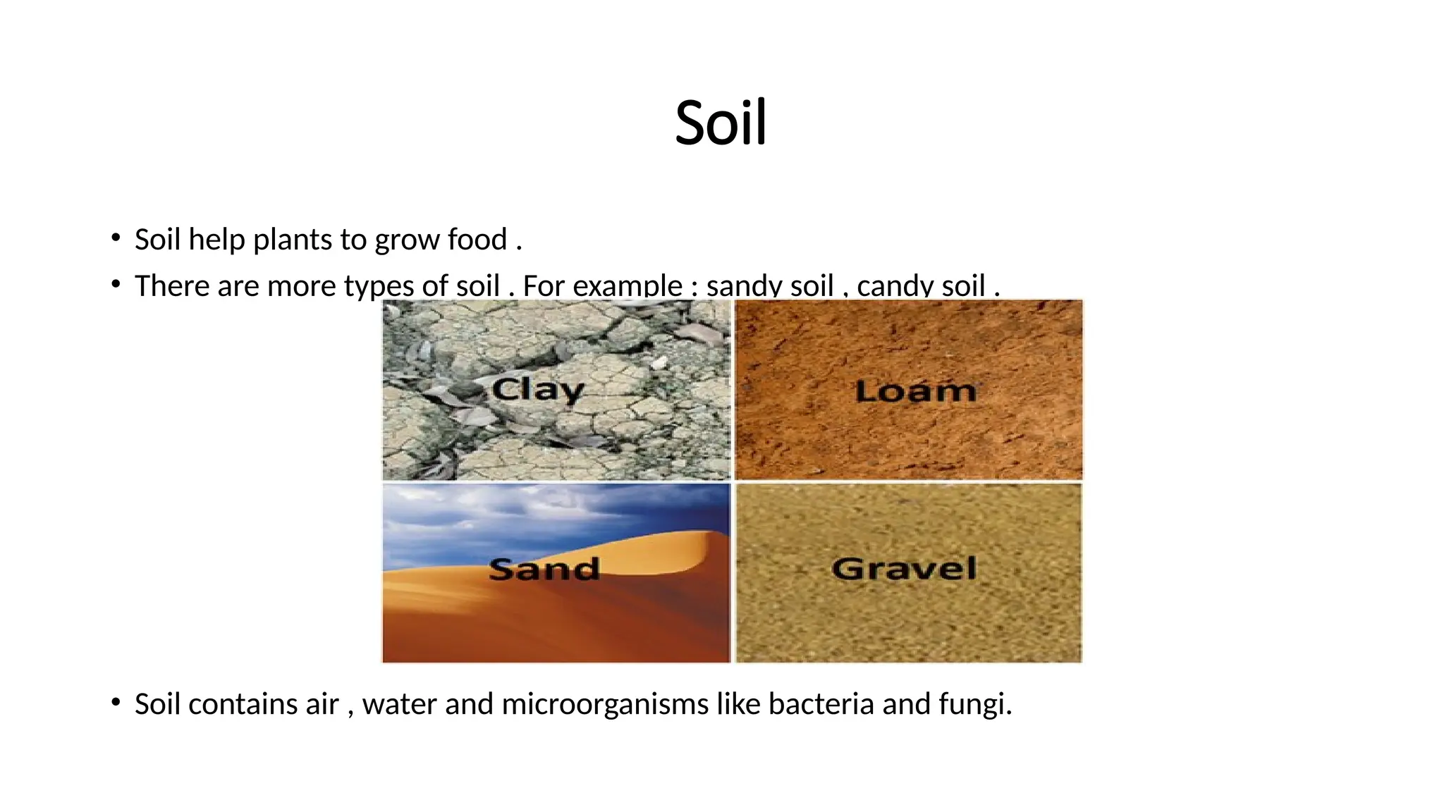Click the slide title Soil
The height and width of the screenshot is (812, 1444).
721,123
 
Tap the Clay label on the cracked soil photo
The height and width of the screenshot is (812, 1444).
538,389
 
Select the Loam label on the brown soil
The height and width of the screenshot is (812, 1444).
916,390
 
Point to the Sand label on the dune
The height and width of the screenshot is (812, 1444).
544,569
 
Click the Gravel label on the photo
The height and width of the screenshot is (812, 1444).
904,568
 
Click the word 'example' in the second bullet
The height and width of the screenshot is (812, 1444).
628,286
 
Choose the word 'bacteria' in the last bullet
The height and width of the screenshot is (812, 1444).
821,704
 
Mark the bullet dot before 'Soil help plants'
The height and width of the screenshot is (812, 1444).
116,238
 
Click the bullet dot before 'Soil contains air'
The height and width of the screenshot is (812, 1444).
116,703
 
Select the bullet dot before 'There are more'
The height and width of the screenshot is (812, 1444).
116,285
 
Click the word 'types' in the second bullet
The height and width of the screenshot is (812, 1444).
379,286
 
